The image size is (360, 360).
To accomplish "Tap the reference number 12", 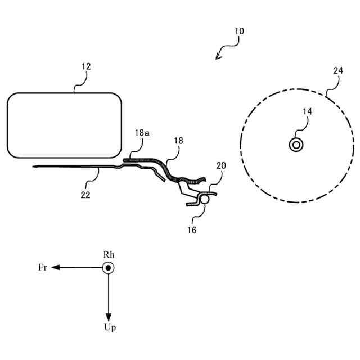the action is tap(86, 66).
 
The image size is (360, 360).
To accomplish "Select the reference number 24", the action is tap(337, 70).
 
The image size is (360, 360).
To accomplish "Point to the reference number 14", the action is tap(307, 111).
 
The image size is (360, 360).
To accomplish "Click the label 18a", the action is tap(142, 133).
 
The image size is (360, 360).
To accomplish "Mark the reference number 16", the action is tap(192, 229).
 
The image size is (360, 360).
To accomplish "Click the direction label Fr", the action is tap(43, 268).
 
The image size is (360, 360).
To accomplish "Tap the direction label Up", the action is tap(110, 328).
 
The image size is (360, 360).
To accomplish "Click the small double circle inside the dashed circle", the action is tap(296, 145).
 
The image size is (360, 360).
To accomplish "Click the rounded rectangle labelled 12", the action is tap(64, 125).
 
